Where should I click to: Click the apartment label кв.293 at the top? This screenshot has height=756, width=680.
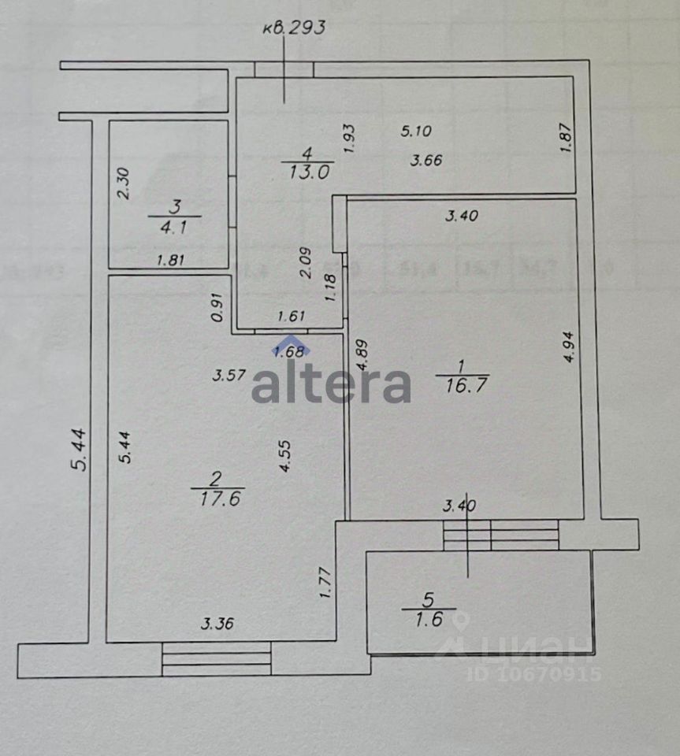tap(294, 28)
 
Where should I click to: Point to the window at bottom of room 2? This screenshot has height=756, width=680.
tap(216, 658)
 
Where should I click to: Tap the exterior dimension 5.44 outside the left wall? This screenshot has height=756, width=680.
tap(79, 450)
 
